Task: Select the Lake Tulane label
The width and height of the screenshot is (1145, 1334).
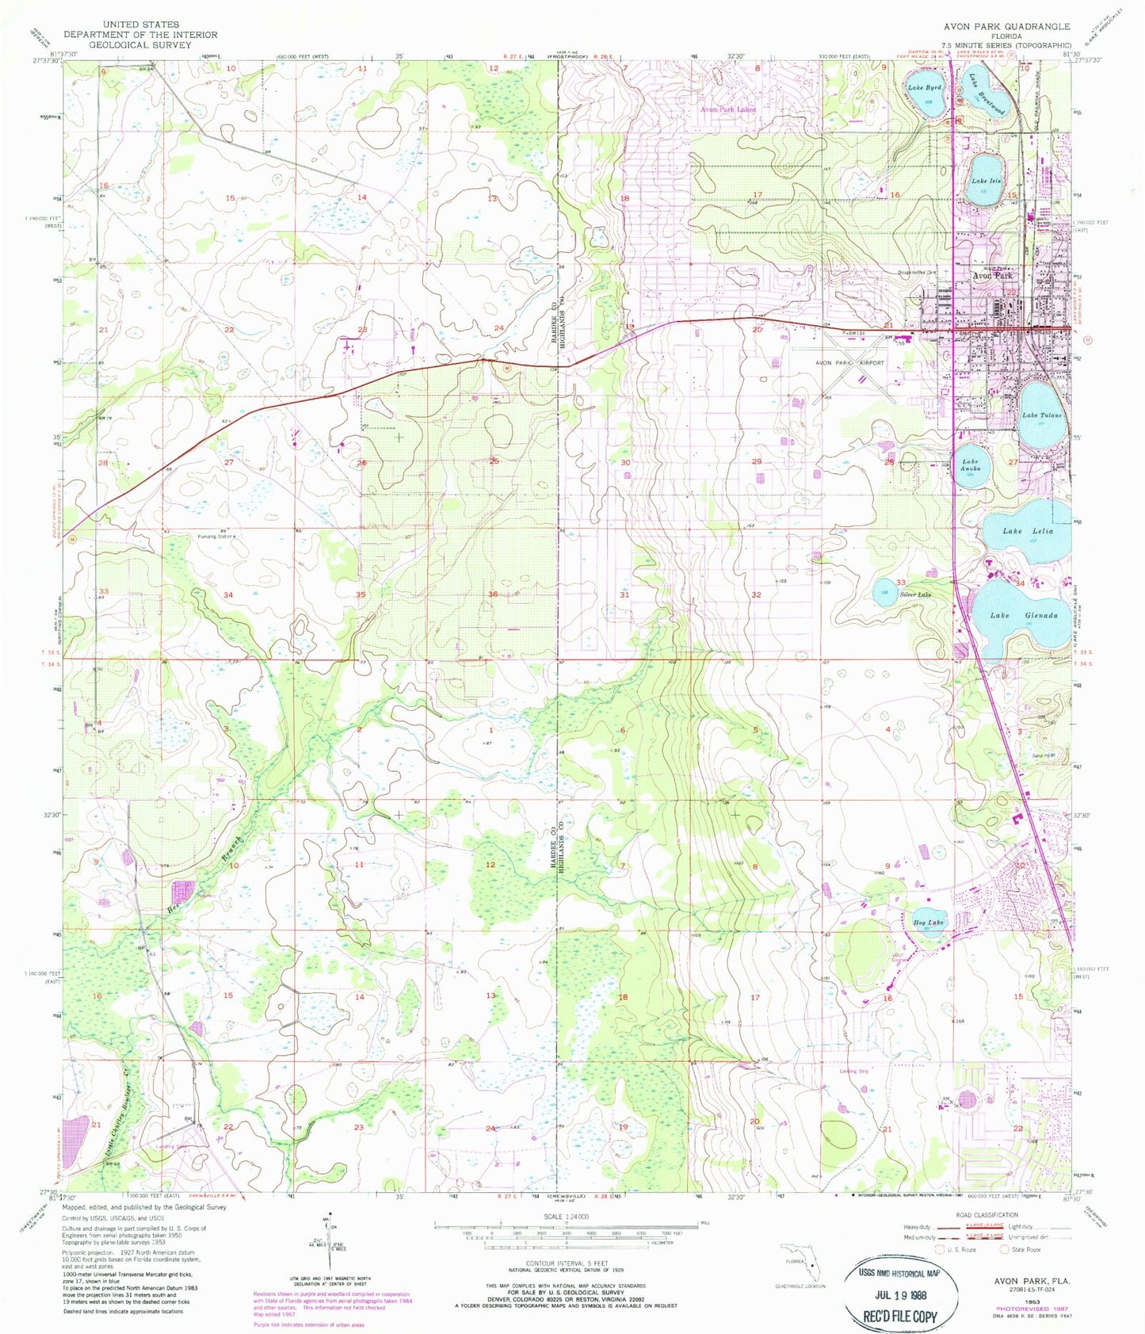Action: point(1041,415)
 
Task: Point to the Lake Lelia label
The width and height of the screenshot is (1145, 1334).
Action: point(1028,531)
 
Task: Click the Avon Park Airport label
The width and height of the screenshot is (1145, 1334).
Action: point(849,363)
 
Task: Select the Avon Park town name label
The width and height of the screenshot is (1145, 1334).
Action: point(992,276)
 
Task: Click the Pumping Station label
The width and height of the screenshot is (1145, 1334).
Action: point(216,537)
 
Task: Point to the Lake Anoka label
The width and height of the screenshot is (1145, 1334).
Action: point(971,464)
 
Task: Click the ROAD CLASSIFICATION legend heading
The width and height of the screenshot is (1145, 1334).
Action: point(986,1214)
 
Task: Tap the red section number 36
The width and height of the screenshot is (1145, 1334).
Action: point(493,594)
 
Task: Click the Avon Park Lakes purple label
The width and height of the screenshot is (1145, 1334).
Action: point(727,109)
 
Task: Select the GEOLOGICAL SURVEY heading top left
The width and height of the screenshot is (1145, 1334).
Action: point(140,45)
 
